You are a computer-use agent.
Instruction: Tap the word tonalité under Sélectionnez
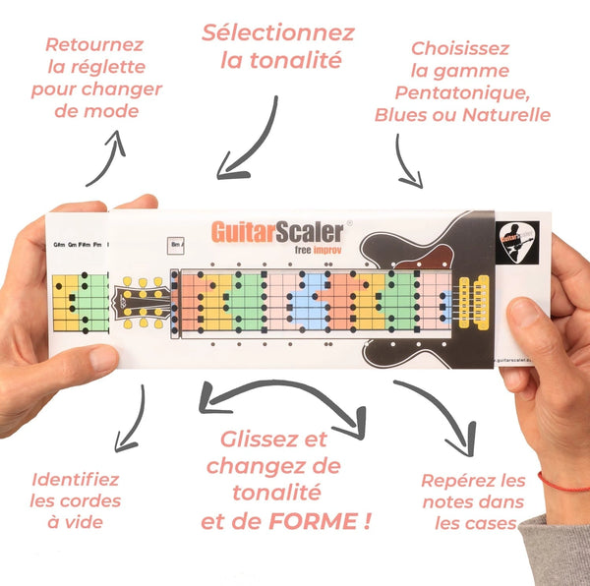(x=280, y=61)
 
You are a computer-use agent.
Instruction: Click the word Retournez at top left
(x=94, y=45)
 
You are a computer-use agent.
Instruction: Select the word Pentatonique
(x=460, y=92)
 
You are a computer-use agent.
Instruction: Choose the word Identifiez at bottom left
(x=76, y=481)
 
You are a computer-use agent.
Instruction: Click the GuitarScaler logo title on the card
(x=277, y=232)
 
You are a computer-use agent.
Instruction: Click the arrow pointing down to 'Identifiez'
(x=128, y=418)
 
